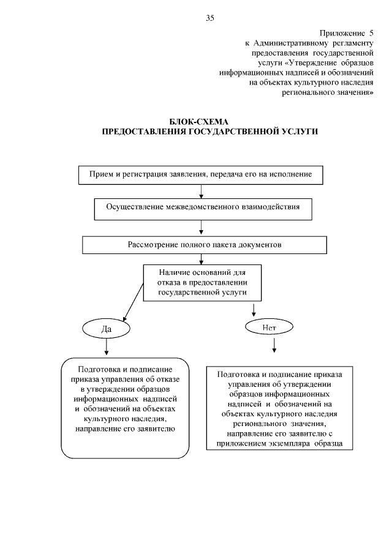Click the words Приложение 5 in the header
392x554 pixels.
click(x=346, y=32)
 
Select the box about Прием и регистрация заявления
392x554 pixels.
click(x=201, y=174)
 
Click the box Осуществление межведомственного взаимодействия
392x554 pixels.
click(x=203, y=208)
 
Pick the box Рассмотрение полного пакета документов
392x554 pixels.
click(x=203, y=244)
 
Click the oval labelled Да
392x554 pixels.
click(x=105, y=329)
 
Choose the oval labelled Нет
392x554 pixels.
click(x=269, y=327)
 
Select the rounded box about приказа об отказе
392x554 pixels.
click(x=124, y=408)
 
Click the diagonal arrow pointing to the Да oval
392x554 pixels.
click(x=135, y=303)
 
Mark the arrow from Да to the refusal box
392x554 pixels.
click(x=107, y=346)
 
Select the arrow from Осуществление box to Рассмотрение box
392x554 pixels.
click(x=202, y=227)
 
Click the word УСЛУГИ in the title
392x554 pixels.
click(x=296, y=132)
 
